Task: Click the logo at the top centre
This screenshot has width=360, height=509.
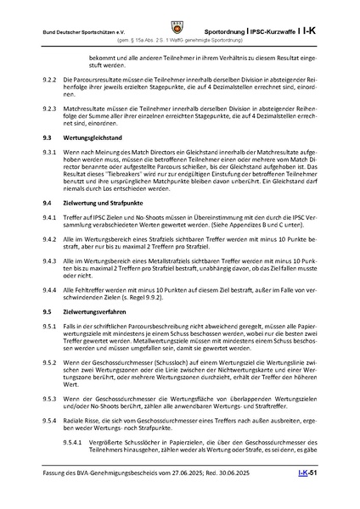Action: click(179, 12)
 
